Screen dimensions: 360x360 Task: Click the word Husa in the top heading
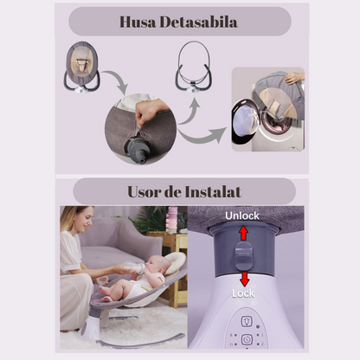pos(138,22)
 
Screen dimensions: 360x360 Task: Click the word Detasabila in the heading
pos(198,22)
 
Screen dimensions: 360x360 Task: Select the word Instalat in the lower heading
pos(213,192)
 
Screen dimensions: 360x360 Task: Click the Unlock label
pos(242,215)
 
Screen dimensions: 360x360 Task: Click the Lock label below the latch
pos(243,293)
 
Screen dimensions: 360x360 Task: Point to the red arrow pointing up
pos(244,233)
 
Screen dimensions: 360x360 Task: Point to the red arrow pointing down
pos(245,279)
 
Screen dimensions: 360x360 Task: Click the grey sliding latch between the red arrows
pos(244,255)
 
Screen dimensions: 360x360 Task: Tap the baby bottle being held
pos(134,267)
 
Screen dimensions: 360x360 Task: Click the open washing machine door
pos(244,122)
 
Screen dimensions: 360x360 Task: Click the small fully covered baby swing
pos(82,67)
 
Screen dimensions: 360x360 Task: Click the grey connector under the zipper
pos(138,150)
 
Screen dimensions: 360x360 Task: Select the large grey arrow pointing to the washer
pos(202,136)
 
